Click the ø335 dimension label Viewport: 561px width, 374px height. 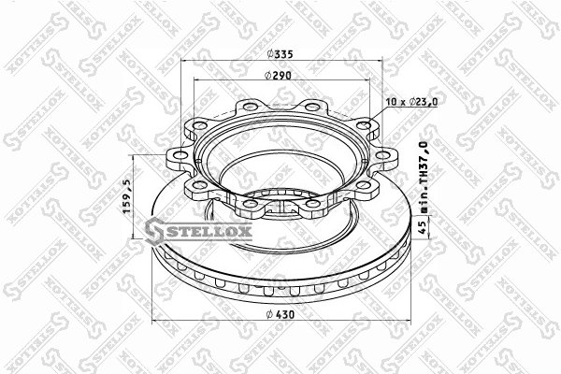pyautogui.click(x=280, y=54)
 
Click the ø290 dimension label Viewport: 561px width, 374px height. pyautogui.click(x=278, y=75)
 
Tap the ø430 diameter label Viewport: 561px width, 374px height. pyautogui.click(x=280, y=314)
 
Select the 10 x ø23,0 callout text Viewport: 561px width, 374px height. pyautogui.click(x=411, y=102)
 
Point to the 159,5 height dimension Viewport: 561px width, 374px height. pyautogui.click(x=126, y=197)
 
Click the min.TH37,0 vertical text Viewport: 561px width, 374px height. pyautogui.click(x=424, y=178)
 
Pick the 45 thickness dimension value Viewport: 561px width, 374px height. pyautogui.click(x=424, y=226)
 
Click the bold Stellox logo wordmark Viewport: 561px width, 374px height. pyautogui.click(x=198, y=231)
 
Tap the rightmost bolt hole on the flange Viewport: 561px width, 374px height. pyautogui.click(x=382, y=155)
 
